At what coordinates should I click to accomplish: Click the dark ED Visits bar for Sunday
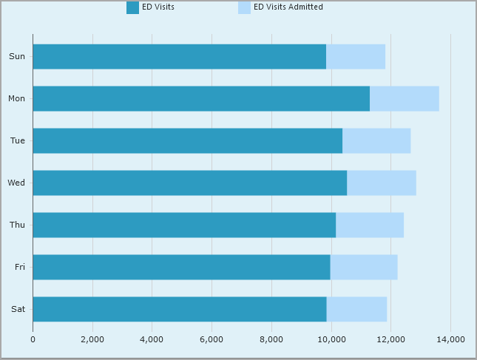(x=179, y=56)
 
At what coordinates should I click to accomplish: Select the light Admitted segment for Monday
(x=404, y=98)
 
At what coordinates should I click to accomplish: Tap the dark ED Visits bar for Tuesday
(x=187, y=140)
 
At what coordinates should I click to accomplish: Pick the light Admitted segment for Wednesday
(x=381, y=183)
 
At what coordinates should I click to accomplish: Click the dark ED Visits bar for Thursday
(x=184, y=225)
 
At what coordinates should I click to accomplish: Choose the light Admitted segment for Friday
(x=363, y=267)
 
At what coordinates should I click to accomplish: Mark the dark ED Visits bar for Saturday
(x=179, y=309)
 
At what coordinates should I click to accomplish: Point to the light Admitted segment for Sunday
(x=355, y=56)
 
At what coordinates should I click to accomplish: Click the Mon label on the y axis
(x=16, y=98)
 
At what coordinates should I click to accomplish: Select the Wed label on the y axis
(x=16, y=183)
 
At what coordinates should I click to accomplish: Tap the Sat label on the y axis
(x=18, y=309)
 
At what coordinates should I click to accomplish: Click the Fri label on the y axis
(x=19, y=267)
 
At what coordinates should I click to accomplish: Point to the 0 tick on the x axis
(x=33, y=339)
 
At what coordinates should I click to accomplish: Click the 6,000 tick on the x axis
(x=212, y=339)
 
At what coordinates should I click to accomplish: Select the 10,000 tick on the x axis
(x=331, y=339)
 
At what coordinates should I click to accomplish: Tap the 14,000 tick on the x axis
(x=450, y=339)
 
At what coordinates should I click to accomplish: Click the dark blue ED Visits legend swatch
(x=132, y=7)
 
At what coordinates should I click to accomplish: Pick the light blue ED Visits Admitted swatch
(x=244, y=7)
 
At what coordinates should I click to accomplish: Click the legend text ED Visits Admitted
(x=288, y=7)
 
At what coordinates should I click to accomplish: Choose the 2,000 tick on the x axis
(x=92, y=339)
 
